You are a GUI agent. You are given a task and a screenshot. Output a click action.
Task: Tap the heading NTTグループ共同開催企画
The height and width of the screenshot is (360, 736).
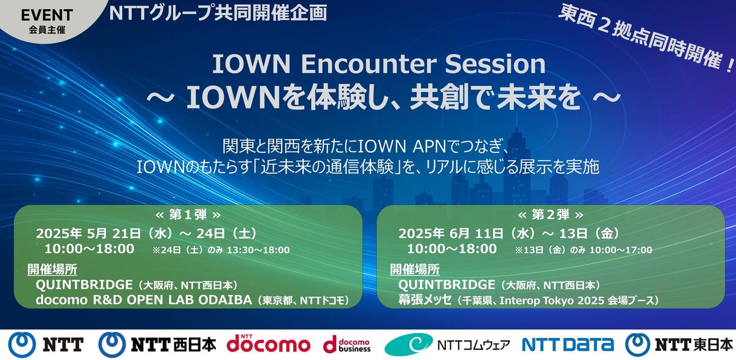point(218,12)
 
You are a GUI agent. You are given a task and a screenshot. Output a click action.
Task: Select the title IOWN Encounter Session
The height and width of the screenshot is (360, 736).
point(378,65)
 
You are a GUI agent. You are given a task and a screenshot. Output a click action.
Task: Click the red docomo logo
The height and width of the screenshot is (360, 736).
point(268,343)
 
